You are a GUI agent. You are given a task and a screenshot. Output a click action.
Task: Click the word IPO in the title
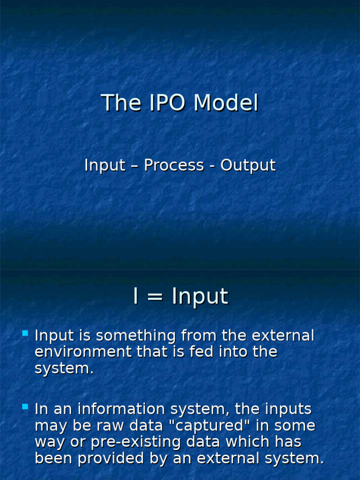point(165,103)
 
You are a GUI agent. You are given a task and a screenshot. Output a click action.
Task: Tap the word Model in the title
point(226,103)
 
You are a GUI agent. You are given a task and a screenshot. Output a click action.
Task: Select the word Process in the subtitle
point(174,165)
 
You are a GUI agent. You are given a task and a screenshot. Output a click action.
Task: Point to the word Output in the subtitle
point(248,165)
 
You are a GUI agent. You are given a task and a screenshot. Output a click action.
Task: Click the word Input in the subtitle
point(105,165)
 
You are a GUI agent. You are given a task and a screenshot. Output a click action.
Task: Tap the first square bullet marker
point(25,333)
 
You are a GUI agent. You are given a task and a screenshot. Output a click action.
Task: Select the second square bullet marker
point(25,407)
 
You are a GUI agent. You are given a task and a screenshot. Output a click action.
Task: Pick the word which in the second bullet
point(247,442)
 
